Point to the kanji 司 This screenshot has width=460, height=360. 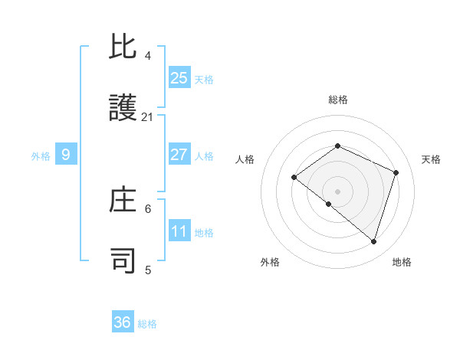point(123,260)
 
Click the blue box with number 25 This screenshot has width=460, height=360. point(179,77)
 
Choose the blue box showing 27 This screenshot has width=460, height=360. point(179,155)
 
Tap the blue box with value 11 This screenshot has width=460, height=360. point(179,231)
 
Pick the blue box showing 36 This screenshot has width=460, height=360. point(123,322)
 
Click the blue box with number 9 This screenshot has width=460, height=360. point(66,155)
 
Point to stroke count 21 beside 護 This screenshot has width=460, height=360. point(148,117)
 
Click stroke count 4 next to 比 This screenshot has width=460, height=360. point(148,55)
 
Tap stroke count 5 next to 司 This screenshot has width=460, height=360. point(148,270)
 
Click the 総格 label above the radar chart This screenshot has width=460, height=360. point(337,100)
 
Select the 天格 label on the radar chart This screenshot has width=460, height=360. point(431,159)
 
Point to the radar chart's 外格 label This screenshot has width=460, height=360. point(270,262)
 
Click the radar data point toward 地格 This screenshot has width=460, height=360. point(373,241)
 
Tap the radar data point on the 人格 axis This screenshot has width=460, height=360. point(294,178)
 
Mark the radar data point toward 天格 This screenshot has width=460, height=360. point(396,172)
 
